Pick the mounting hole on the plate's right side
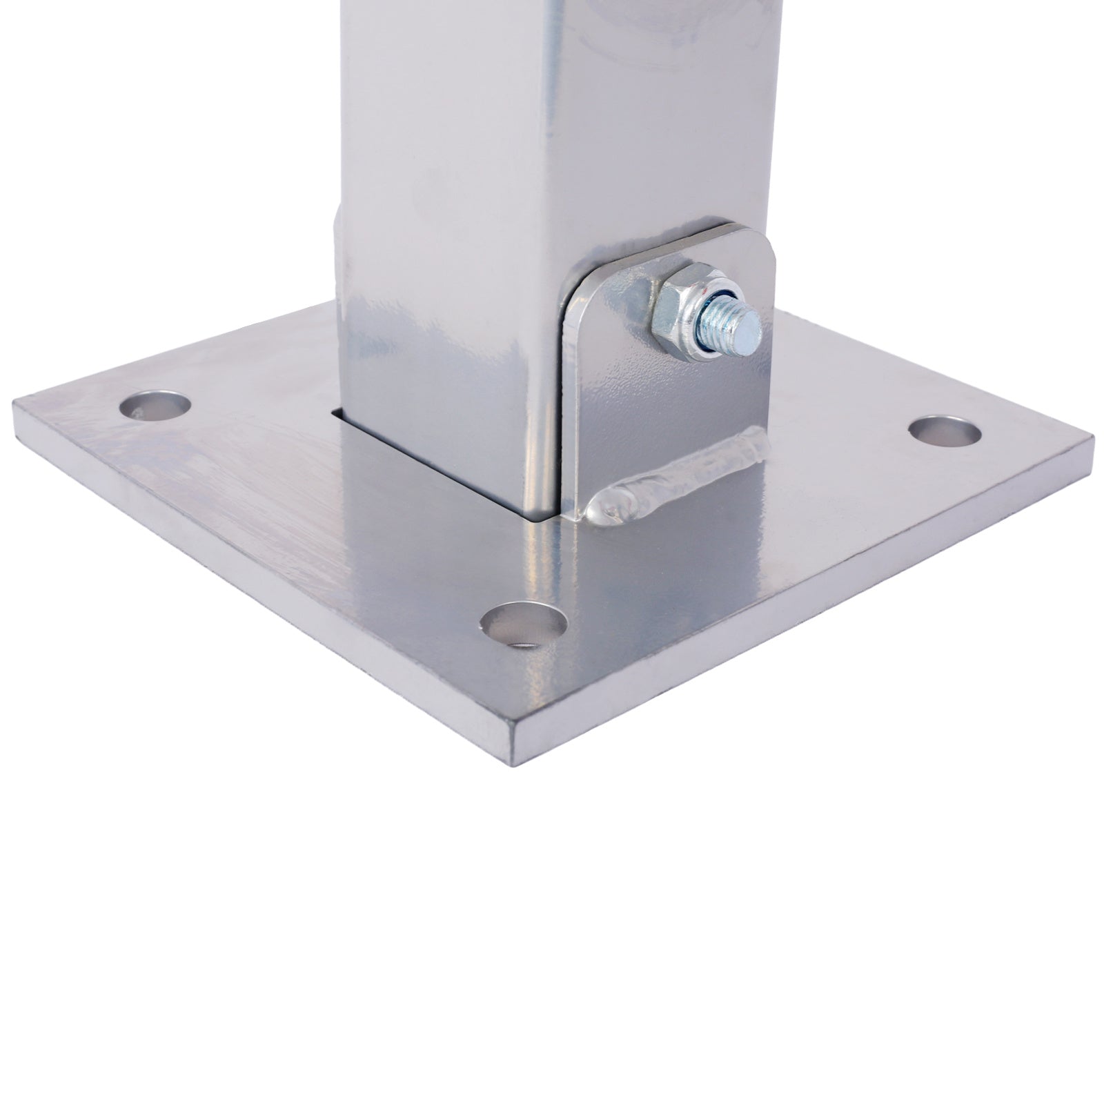944,431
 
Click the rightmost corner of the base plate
1092,442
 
